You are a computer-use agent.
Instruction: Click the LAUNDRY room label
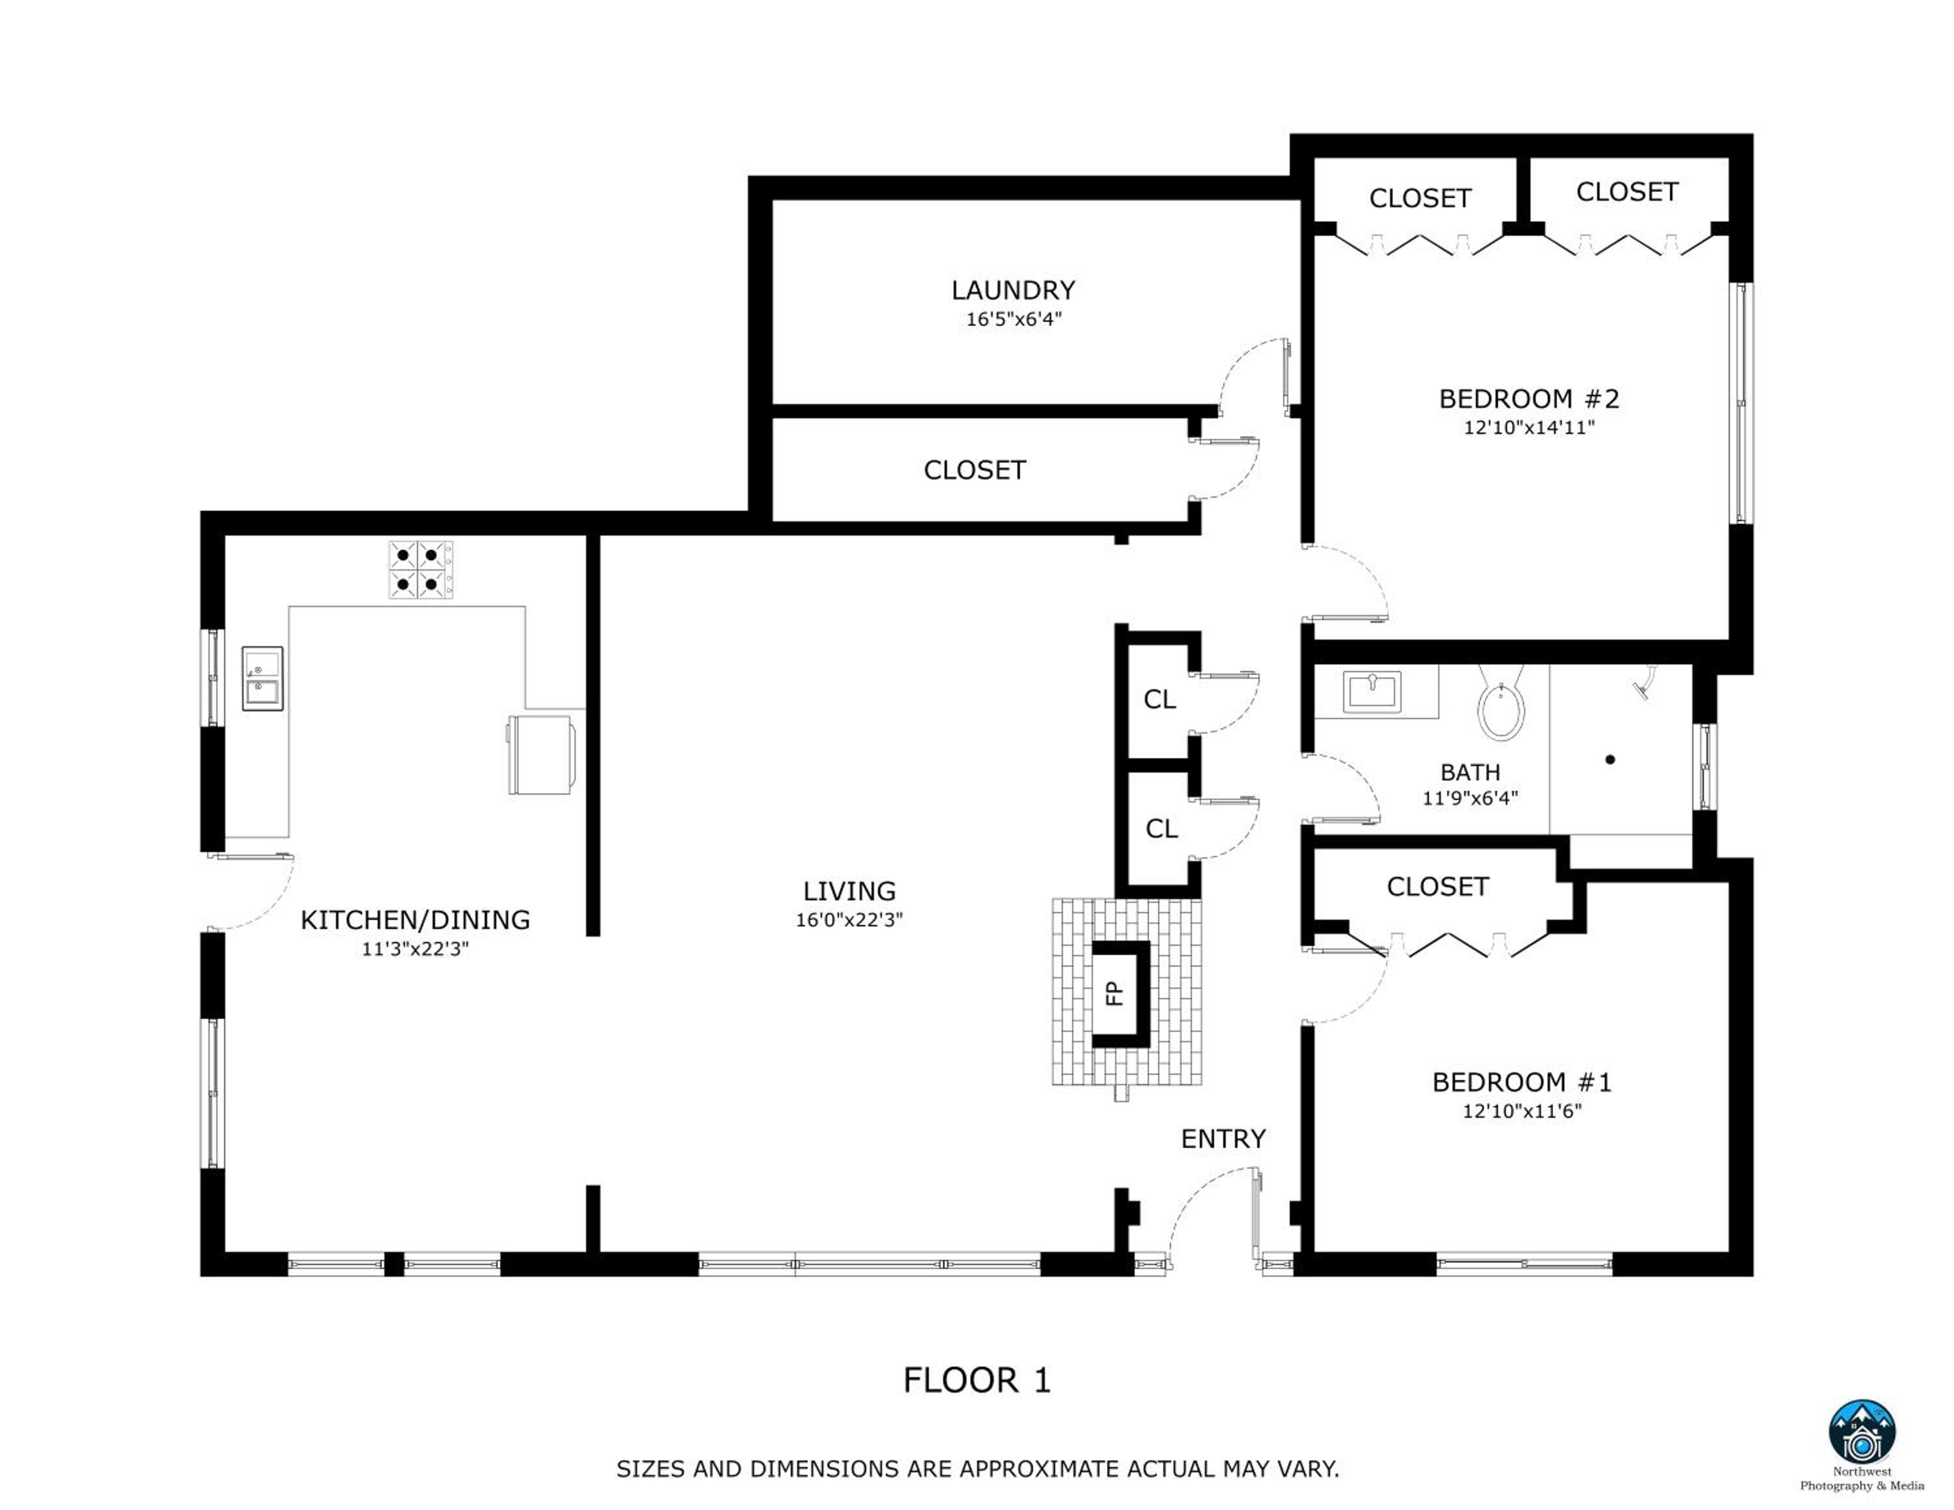click(x=1013, y=290)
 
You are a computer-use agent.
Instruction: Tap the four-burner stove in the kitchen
click(x=421, y=570)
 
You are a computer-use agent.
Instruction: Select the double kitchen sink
click(x=262, y=679)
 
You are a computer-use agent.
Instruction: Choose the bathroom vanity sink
click(x=1372, y=690)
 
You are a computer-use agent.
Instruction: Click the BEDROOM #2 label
click(x=1529, y=398)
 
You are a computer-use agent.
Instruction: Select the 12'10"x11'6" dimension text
click(x=1522, y=1111)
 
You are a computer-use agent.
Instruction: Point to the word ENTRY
click(x=1223, y=1139)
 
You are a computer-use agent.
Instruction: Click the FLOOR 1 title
click(x=976, y=1380)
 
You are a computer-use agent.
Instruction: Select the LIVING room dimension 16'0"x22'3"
click(x=849, y=920)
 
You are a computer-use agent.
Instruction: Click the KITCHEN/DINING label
click(x=415, y=920)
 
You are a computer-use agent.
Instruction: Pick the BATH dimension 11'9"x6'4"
click(x=1470, y=798)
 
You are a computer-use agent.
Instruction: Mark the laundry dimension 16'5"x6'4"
click(x=1013, y=319)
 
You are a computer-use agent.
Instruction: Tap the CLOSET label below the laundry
click(x=974, y=470)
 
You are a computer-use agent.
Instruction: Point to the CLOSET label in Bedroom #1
click(x=1437, y=887)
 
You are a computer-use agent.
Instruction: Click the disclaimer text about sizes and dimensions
click(x=977, y=1469)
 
